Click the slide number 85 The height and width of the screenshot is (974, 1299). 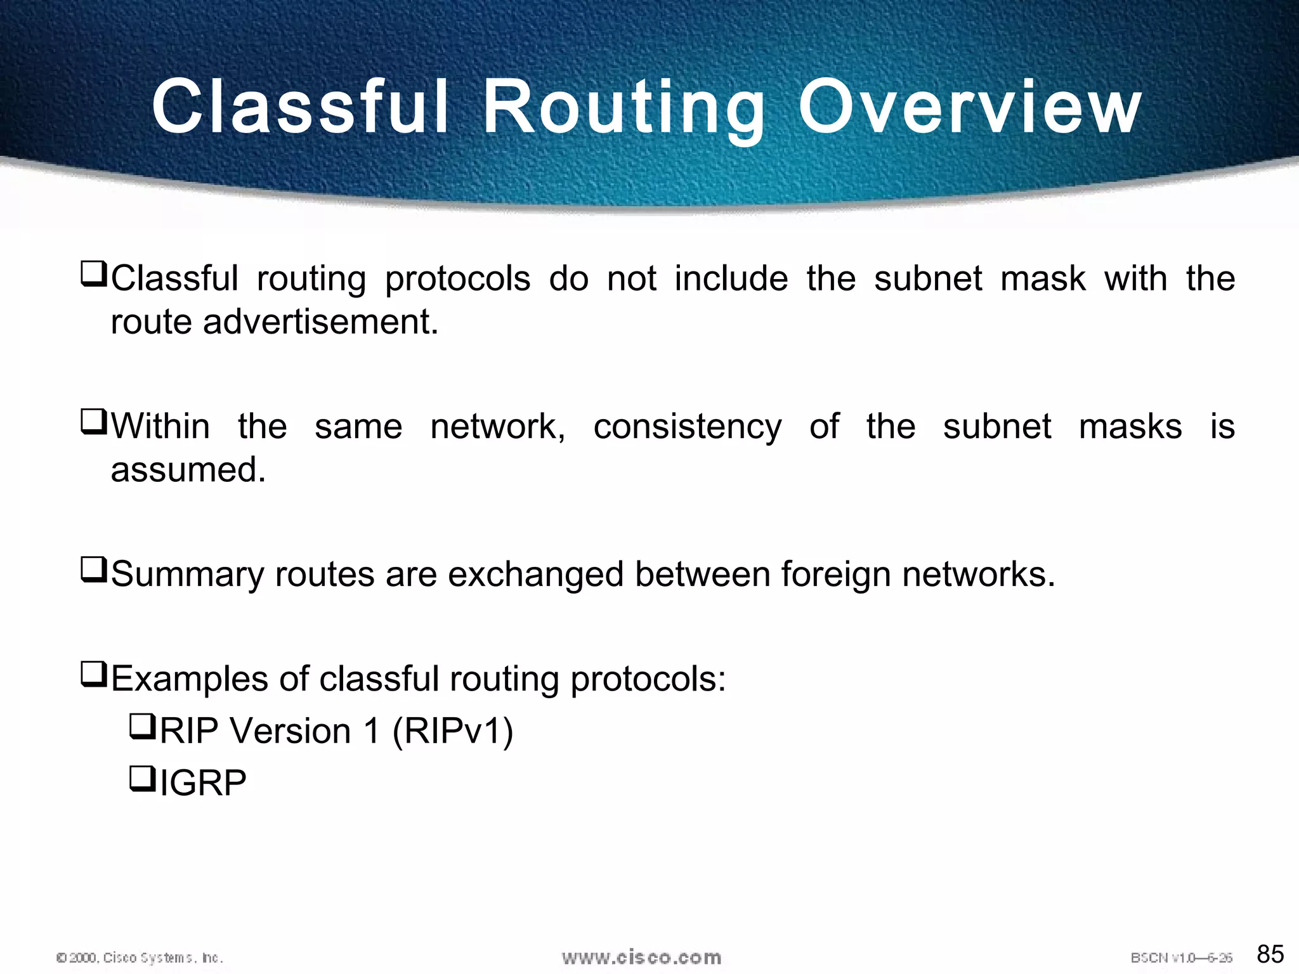tap(1270, 953)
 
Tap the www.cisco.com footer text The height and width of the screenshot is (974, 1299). tap(641, 957)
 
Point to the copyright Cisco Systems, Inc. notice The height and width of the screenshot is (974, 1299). tap(140, 958)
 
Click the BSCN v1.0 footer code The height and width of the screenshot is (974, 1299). tap(1181, 958)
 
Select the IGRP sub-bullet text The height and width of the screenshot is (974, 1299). tap(203, 782)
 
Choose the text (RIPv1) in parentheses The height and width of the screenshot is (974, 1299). tap(453, 730)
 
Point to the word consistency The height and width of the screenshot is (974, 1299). tap(688, 426)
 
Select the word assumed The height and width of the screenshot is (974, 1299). tap(188, 469)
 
